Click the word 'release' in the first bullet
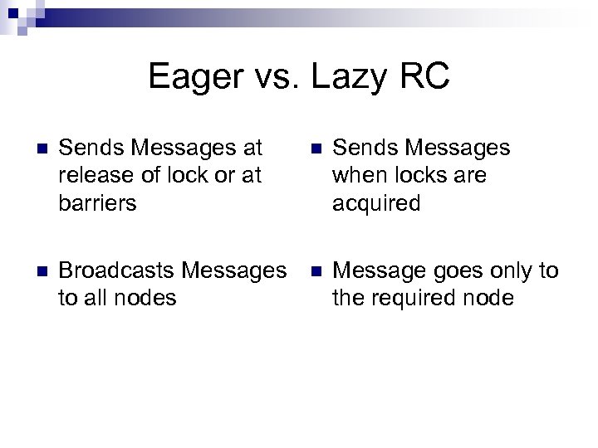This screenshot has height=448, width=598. [x=92, y=176]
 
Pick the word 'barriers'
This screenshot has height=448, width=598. [x=96, y=203]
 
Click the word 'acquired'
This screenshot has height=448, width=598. [x=376, y=203]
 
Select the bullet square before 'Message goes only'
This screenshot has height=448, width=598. [x=315, y=271]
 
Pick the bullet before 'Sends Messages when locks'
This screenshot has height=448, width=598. [x=315, y=149]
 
